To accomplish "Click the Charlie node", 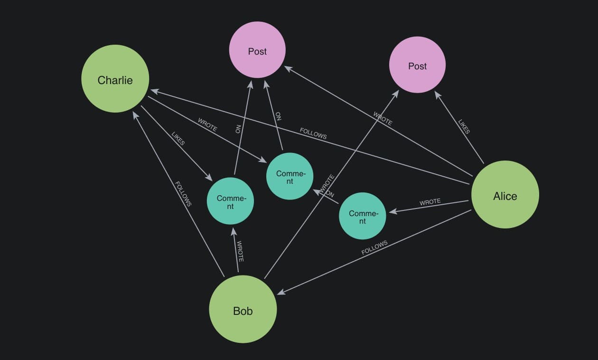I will [115, 79].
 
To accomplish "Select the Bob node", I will [243, 309].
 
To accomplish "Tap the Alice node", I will [505, 195].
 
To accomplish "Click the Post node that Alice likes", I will [417, 65].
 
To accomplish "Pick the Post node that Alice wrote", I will [257, 50].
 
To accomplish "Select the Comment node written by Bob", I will [230, 201].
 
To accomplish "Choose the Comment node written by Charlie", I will [290, 176].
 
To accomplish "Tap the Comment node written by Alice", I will [362, 216].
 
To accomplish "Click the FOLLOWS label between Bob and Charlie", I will [183, 194].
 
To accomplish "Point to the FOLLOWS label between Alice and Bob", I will [374, 247].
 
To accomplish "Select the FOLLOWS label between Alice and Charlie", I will [313, 133].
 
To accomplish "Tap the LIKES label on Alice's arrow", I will [464, 127].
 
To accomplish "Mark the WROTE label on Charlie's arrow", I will [207, 124].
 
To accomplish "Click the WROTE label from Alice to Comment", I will [430, 202].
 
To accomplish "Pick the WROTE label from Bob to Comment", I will [240, 252].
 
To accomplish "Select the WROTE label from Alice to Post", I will [383, 118].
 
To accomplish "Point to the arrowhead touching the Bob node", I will [281, 292].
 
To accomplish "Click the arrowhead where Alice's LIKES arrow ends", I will [438, 95].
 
